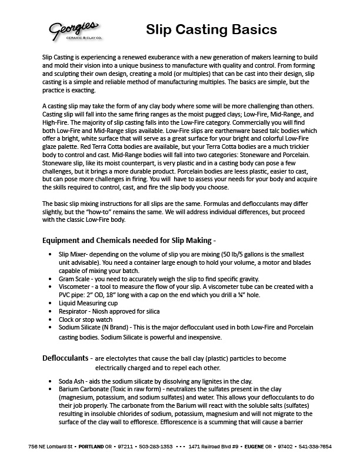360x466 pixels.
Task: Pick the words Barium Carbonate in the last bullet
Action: (86, 390)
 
